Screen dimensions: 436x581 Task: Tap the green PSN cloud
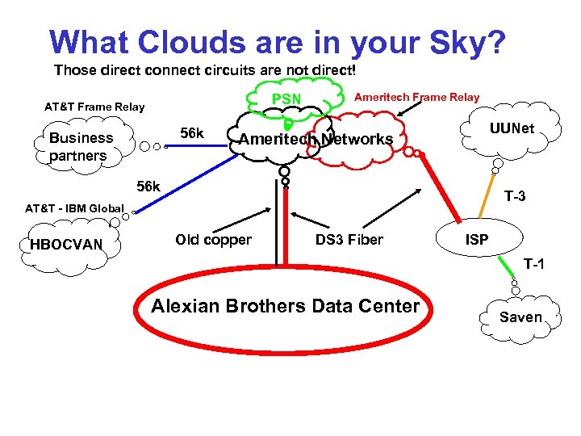286,99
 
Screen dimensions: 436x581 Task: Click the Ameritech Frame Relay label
416,97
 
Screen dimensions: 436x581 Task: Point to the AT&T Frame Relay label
94,107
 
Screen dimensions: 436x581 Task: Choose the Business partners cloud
81,146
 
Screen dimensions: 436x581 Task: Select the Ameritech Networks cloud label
316,140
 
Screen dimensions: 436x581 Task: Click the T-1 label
534,263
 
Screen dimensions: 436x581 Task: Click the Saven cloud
520,317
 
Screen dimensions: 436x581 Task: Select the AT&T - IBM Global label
74,209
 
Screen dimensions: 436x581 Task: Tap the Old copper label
213,240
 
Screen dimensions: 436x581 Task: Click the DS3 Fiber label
349,240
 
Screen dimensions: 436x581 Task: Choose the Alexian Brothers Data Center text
286,306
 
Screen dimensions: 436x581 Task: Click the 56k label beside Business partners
191,132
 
